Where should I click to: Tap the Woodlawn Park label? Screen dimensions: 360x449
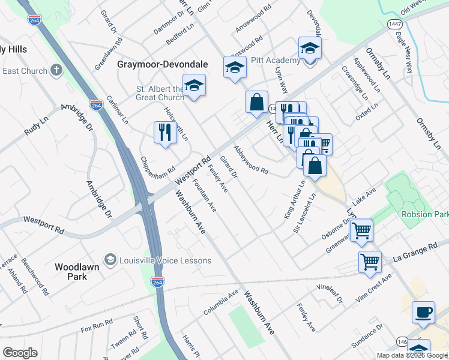tap(79, 271)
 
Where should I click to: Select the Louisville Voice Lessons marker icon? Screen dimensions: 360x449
tap(110, 260)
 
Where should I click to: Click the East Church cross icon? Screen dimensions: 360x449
tap(57, 71)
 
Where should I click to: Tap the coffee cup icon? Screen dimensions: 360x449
tap(423, 313)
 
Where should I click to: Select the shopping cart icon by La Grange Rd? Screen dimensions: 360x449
tap(370, 261)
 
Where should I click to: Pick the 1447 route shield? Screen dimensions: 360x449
tap(394, 23)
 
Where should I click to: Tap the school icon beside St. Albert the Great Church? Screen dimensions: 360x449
tap(194, 86)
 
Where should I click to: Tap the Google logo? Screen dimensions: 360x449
tap(20, 353)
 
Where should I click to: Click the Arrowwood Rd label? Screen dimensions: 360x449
tap(250, 24)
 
